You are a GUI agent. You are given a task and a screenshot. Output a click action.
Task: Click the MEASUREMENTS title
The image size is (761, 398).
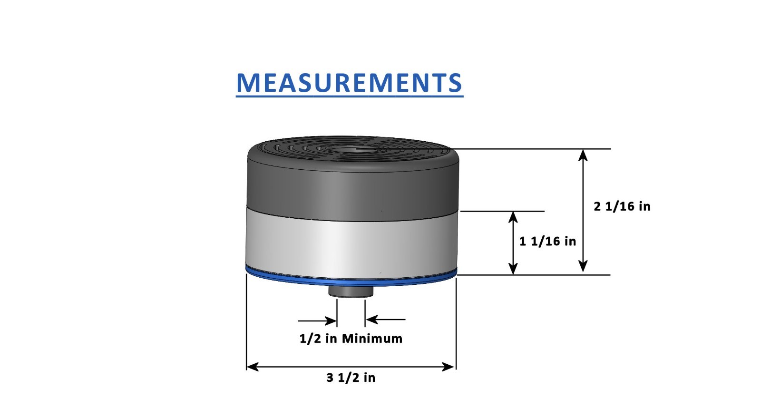pyautogui.click(x=350, y=83)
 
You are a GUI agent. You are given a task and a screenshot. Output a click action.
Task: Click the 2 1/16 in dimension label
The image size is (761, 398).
pyautogui.click(x=622, y=206)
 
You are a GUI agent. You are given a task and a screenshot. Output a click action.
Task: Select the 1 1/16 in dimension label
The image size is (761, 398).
pyautogui.click(x=547, y=242)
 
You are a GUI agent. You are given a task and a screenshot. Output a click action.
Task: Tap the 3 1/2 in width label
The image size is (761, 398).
pyautogui.click(x=351, y=378)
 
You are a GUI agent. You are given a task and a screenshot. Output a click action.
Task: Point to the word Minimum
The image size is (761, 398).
pyautogui.click(x=372, y=339)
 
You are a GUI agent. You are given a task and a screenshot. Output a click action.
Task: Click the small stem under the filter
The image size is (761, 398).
pyautogui.click(x=351, y=291)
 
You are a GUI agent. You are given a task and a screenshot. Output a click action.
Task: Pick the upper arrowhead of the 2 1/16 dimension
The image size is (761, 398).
pyautogui.click(x=583, y=155)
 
